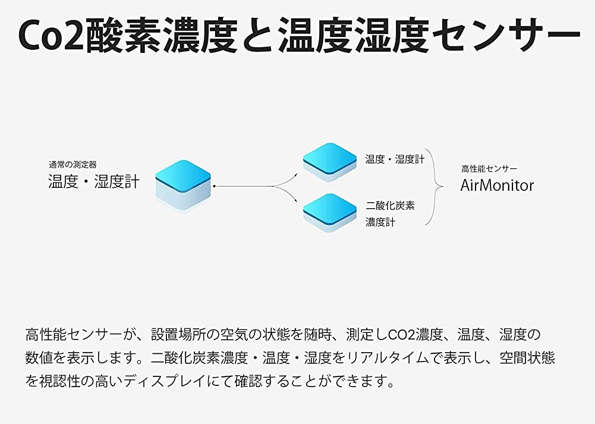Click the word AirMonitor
tap(497, 185)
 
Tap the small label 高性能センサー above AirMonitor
tap(489, 168)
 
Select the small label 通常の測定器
tap(73, 165)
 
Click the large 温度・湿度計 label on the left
tap(94, 181)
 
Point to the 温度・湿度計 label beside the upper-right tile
tap(395, 159)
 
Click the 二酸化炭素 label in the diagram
tap(391, 206)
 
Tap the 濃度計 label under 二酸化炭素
tap(380, 222)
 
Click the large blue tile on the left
tap(183, 185)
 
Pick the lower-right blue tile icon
tap(330, 213)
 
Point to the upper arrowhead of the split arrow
tap(297, 175)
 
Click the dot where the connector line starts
tap(215, 186)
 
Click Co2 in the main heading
tap(51, 35)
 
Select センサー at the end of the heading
tap(506, 35)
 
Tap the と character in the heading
tap(258, 35)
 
